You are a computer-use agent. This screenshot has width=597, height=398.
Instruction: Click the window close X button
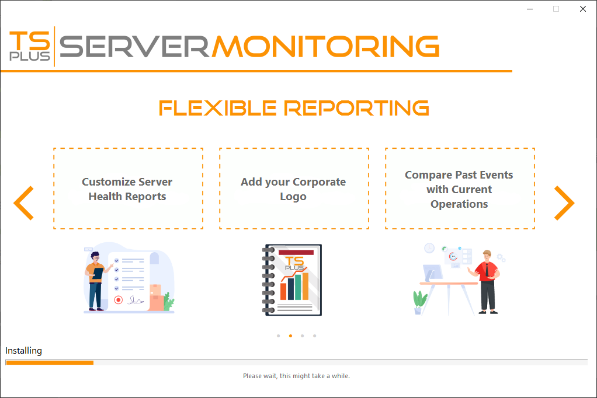coord(582,9)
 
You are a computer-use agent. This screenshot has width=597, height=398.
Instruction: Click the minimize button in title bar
coord(530,9)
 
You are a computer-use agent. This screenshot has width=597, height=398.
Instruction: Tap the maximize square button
coord(556,9)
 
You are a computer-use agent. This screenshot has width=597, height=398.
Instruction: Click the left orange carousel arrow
coord(23,203)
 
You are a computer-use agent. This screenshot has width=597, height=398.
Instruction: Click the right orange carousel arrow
coord(564,203)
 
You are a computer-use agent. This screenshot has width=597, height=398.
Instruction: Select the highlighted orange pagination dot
coord(290,336)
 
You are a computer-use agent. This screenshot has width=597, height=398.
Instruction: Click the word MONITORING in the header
coord(325,47)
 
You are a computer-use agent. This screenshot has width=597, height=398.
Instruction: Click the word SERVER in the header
coord(134,47)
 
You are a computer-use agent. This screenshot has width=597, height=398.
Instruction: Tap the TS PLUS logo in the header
coord(30,46)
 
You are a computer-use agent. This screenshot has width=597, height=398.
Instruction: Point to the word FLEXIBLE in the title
coord(218,108)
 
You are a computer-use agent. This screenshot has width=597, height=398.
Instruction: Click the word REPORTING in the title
coord(357,108)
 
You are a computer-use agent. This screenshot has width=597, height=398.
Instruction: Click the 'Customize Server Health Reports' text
coord(127,189)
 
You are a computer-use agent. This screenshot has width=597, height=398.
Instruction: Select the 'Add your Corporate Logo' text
coord(293,189)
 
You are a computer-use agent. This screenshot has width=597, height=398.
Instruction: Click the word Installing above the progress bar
coord(23,350)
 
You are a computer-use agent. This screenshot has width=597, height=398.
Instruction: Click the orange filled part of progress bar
coord(50,362)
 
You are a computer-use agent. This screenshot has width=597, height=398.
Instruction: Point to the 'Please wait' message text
coord(296,376)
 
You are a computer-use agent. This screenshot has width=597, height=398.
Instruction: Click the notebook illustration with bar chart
coord(292,280)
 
